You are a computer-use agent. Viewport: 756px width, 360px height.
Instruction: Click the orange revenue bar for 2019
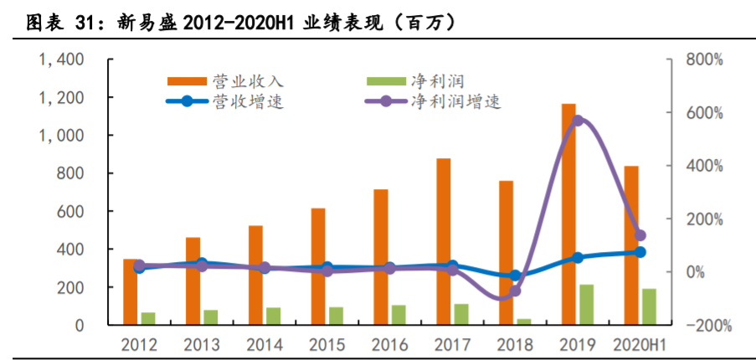point(568,214)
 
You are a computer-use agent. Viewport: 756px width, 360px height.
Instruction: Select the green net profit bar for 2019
point(587,305)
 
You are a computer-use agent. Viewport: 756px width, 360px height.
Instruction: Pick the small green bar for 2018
point(524,321)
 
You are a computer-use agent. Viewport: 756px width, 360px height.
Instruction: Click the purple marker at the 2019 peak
point(578,121)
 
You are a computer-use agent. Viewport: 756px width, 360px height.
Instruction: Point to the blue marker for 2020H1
point(640,252)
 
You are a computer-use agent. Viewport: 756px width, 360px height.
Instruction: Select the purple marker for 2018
point(515,291)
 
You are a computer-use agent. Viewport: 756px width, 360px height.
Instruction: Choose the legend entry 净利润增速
point(455,102)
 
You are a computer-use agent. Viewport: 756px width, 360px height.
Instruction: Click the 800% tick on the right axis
point(705,60)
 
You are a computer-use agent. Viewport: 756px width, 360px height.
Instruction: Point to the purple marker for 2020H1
point(640,236)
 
